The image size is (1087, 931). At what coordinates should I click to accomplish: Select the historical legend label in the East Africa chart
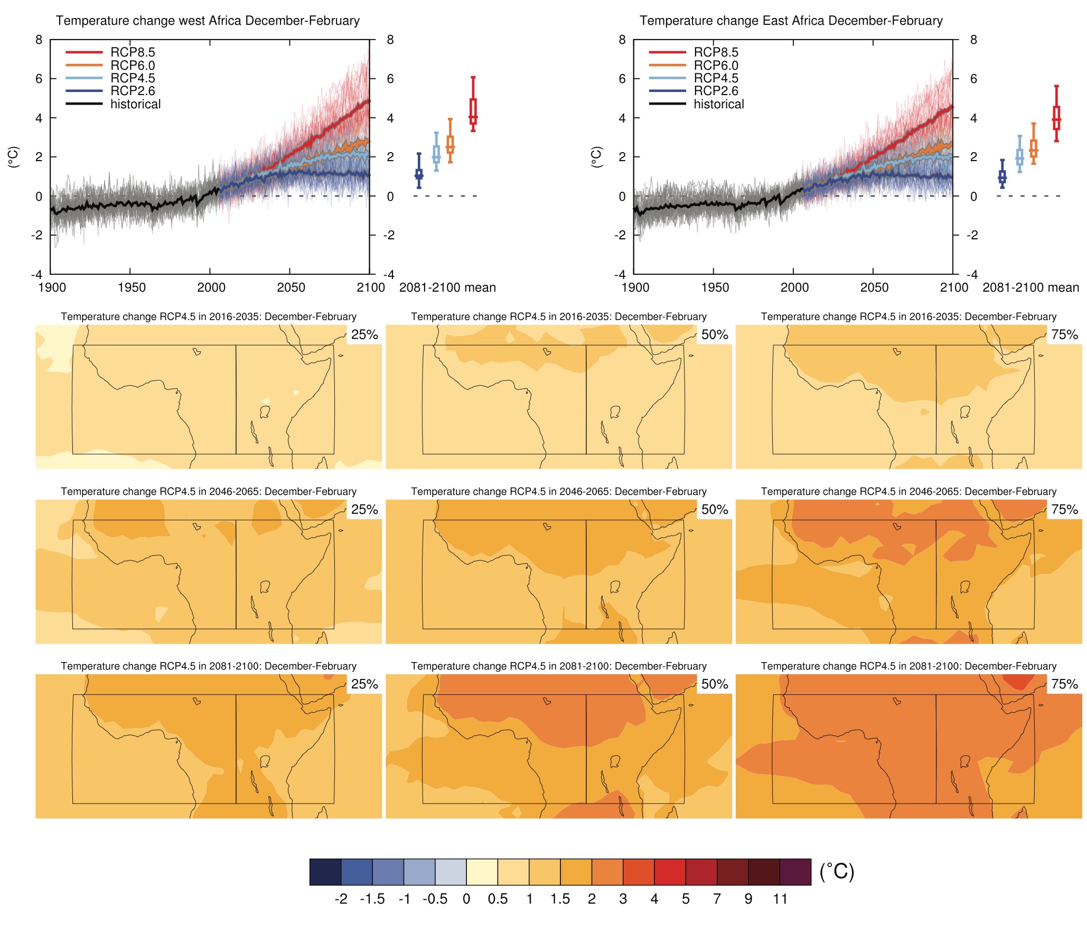[718, 104]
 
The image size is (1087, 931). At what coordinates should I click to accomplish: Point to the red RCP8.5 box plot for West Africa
[473, 111]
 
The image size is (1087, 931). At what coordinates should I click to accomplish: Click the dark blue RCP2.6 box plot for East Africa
[1002, 176]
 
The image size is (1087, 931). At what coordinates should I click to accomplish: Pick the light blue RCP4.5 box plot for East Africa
[1019, 156]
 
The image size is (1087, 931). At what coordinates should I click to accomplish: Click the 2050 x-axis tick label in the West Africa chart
[291, 287]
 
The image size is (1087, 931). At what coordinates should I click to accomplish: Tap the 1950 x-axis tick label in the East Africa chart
[715, 287]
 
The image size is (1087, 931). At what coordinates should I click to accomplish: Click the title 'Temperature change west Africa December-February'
[208, 21]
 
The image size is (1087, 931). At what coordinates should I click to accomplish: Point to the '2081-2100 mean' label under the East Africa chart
[1030, 287]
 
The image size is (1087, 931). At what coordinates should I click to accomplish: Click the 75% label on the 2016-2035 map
[1064, 334]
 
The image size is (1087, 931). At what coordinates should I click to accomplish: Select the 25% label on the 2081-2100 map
[364, 684]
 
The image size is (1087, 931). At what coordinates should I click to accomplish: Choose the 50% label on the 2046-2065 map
[715, 509]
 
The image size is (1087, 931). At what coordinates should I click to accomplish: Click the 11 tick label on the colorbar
[780, 899]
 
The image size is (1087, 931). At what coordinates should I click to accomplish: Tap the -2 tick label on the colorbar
[341, 899]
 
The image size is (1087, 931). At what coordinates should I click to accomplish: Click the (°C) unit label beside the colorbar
[837, 871]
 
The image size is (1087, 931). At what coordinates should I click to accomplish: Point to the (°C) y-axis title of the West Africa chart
[14, 157]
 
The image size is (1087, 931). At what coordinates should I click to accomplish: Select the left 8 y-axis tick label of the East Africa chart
[622, 40]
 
